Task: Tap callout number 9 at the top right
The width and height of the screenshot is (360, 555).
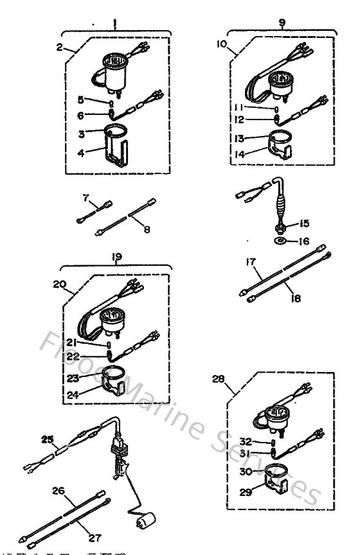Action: coord(282,22)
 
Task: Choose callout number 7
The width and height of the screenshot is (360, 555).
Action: coord(85,198)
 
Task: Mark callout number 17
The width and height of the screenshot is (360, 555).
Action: coord(251,263)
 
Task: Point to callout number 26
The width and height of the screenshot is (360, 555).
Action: coord(59,491)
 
